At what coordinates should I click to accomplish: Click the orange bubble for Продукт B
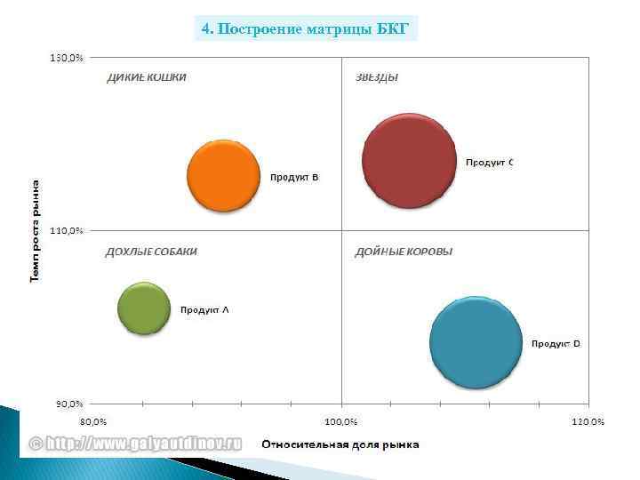click(223, 175)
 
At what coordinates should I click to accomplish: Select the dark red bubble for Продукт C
click(409, 160)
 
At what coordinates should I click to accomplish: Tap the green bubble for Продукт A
click(144, 308)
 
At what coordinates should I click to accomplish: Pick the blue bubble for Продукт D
click(476, 342)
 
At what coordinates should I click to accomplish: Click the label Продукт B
click(294, 178)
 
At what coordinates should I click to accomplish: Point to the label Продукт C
click(490, 162)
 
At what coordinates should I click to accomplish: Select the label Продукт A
click(204, 310)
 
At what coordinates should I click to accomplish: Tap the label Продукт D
click(556, 343)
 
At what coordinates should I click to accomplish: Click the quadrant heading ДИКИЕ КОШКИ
click(147, 77)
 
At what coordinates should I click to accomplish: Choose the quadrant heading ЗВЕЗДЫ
click(377, 77)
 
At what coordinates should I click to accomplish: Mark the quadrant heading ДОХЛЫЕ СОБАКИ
click(151, 252)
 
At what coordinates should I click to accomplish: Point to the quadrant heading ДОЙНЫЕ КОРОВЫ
click(404, 252)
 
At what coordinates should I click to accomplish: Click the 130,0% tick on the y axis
click(66, 58)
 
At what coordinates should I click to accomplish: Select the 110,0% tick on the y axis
click(66, 230)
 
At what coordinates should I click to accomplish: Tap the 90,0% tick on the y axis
click(68, 404)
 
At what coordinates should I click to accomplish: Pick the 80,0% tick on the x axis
click(93, 420)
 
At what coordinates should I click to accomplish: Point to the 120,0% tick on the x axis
click(587, 420)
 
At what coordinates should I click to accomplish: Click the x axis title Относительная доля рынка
click(340, 444)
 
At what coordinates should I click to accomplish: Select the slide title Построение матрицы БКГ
click(306, 28)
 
